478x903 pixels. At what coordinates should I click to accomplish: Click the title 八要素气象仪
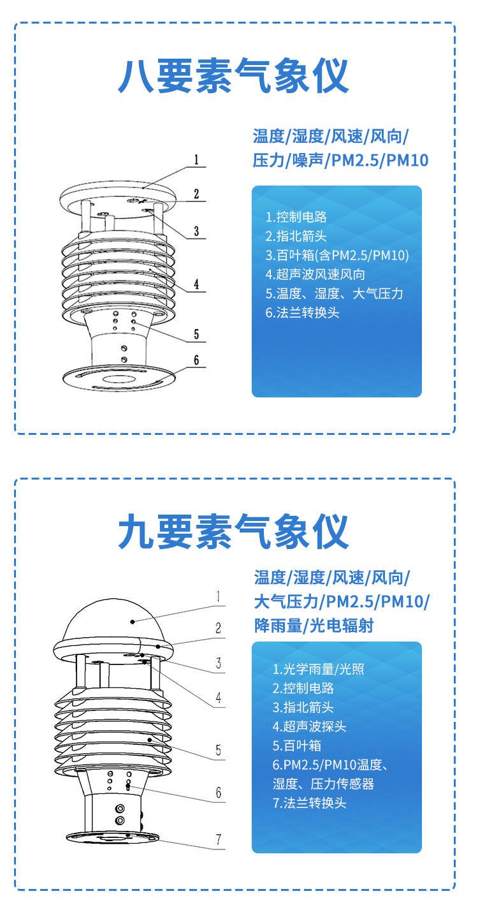point(233,76)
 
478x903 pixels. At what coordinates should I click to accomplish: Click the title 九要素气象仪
point(233,531)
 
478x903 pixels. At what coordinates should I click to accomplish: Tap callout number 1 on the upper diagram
point(196,159)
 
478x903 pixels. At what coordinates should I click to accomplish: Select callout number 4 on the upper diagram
point(196,284)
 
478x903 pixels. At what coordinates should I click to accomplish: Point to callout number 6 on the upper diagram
point(196,360)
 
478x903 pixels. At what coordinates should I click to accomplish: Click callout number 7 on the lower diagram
point(219,839)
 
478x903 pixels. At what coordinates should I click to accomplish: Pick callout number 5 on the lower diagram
point(219,750)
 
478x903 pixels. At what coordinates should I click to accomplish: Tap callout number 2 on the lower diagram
point(219,628)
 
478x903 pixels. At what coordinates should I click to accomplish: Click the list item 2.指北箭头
point(296,236)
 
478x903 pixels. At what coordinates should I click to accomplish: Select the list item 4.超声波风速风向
point(315,274)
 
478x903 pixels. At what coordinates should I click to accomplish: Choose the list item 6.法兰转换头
point(302,312)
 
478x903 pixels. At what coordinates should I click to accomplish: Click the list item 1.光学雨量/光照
point(319,669)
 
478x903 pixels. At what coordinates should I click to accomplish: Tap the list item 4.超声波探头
point(310,726)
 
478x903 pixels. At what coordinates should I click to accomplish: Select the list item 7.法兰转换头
point(310,803)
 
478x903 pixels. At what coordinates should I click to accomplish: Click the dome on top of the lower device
point(113,620)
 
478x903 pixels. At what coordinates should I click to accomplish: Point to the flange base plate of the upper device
point(120,378)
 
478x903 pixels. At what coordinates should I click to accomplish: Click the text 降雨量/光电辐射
point(314,625)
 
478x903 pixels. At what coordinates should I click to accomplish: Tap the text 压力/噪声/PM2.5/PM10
point(340,160)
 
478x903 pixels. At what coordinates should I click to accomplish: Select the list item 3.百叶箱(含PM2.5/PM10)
point(337,255)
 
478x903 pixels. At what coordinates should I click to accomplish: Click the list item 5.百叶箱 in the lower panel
point(296,745)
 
